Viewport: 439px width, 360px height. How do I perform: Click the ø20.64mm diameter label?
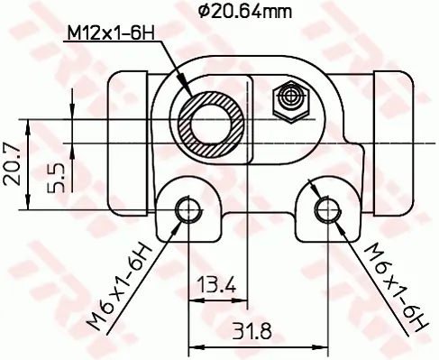[x=233, y=11]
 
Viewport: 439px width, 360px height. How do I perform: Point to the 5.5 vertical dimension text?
[x=55, y=177]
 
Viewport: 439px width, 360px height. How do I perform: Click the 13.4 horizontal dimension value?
[x=215, y=286]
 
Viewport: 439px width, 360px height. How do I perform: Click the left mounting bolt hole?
[x=188, y=210]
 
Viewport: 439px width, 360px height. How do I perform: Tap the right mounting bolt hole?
[x=325, y=210]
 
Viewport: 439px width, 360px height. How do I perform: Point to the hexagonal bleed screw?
[x=290, y=97]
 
